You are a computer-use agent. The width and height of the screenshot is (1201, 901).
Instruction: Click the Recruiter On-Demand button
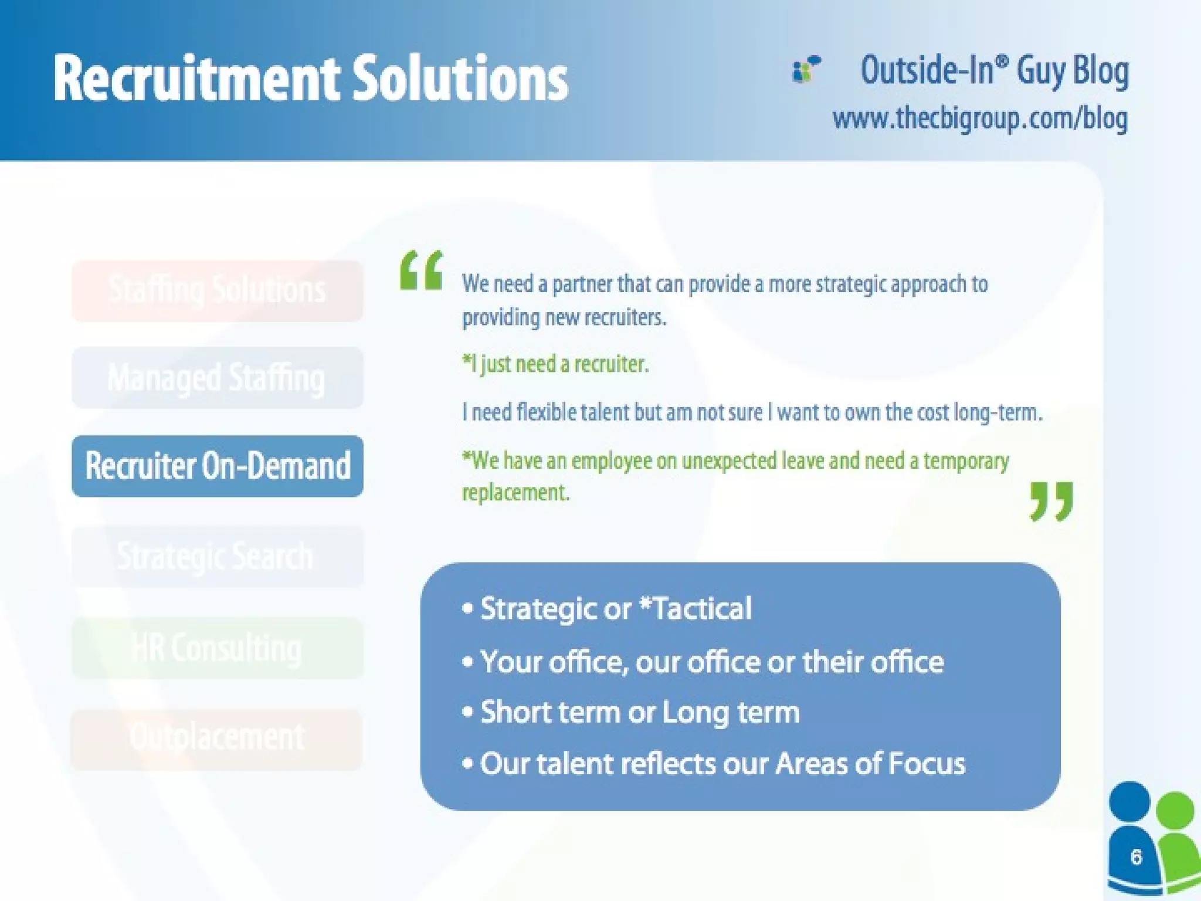218,466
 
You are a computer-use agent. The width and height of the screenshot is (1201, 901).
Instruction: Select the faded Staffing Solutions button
218,291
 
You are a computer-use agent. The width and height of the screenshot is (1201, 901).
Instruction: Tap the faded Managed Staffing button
218,378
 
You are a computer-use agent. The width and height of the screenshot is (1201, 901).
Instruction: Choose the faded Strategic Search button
218,556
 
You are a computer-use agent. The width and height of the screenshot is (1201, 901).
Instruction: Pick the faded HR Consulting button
218,648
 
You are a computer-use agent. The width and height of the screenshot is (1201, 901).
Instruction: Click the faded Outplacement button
218,738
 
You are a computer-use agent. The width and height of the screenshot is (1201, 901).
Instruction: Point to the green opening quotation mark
421,270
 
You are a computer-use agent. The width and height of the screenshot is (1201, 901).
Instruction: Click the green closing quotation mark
1051,501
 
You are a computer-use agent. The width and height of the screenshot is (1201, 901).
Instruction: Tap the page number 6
1136,857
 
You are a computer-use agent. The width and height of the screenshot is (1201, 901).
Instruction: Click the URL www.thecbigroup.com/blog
980,119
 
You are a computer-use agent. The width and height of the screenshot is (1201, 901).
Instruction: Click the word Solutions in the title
460,79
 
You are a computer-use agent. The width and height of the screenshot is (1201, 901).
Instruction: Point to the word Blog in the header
1101,71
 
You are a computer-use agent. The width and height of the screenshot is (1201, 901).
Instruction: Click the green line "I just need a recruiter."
555,364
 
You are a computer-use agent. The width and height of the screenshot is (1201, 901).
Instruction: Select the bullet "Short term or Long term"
640,713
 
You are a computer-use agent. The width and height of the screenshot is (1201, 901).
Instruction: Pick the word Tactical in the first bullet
701,608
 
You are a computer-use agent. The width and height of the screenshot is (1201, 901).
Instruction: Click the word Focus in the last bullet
927,764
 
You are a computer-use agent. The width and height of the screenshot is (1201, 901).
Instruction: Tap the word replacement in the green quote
515,492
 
